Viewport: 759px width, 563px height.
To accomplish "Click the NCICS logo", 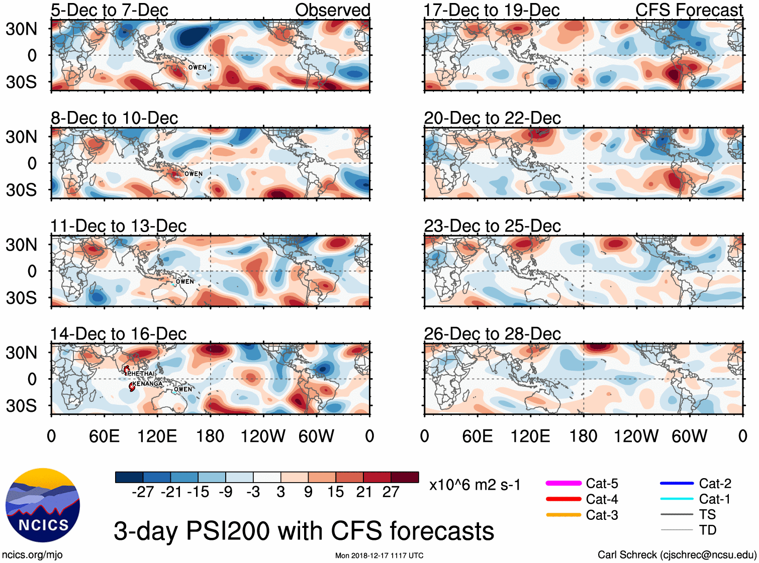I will click(43, 505).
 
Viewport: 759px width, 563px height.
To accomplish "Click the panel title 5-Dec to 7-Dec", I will click(109, 10).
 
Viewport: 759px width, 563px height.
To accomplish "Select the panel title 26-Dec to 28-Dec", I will click(492, 334).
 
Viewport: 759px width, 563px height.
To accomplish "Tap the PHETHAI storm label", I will click(141, 374).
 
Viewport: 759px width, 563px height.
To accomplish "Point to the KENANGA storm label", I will click(148, 384).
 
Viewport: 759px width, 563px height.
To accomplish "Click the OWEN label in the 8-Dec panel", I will click(194, 174).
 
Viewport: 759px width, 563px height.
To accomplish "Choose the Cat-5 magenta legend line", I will click(563, 483).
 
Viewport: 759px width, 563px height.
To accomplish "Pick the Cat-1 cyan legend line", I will click(677, 499).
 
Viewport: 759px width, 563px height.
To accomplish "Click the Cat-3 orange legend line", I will click(563, 515).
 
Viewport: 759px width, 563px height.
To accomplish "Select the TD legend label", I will click(707, 530).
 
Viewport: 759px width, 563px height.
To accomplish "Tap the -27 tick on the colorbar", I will click(143, 492).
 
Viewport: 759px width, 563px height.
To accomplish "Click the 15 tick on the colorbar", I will click(336, 492).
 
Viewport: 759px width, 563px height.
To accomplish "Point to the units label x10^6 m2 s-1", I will click(475, 485).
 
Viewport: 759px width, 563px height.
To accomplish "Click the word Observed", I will click(332, 10).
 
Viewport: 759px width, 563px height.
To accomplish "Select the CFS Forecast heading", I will click(689, 10).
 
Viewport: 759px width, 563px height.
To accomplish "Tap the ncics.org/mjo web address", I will click(32, 554).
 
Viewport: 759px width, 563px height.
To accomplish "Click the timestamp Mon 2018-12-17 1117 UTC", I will click(379, 555).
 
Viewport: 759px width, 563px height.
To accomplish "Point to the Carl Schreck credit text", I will click(677, 554).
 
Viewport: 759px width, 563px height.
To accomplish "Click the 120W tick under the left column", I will click(263, 436).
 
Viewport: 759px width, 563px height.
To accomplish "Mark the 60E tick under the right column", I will click(477, 436).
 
